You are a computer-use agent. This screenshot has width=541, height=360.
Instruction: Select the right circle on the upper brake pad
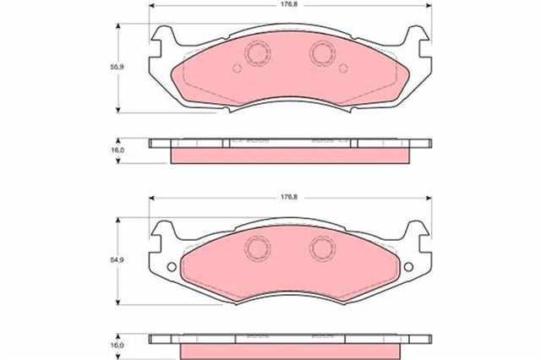point(321,54)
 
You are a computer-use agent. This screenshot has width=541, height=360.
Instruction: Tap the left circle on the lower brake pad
point(254,247)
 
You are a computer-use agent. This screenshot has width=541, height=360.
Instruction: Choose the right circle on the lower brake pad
point(321,247)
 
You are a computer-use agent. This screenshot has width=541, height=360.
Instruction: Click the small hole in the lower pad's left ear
point(172,270)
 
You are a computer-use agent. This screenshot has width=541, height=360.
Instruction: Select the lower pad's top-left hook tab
point(166,226)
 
